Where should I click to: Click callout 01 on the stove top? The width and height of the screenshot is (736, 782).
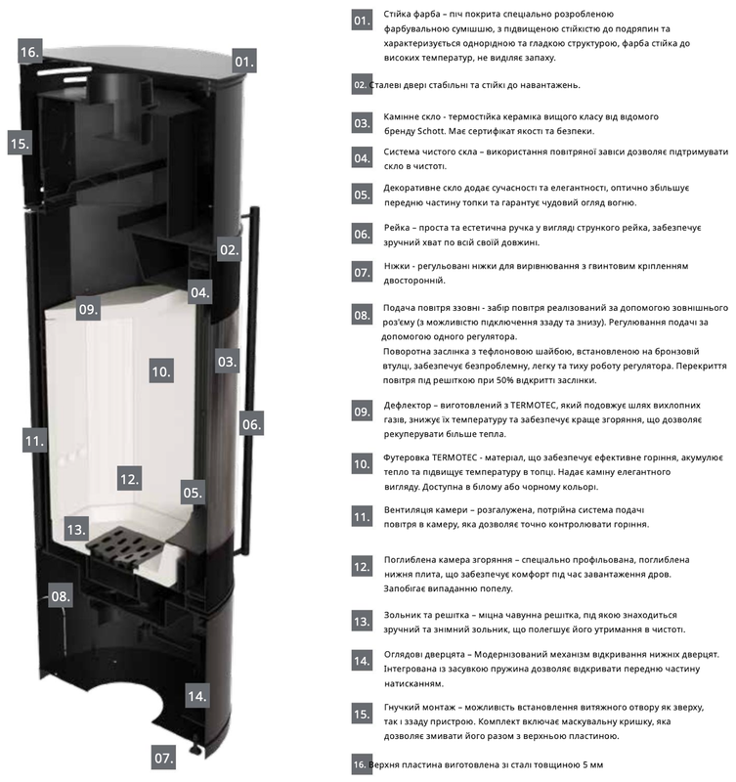coord(243,61)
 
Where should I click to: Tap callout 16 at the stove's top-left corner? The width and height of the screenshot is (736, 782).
coord(30,51)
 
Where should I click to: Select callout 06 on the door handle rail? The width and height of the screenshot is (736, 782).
coord(251,423)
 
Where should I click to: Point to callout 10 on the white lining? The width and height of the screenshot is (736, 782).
coord(161,371)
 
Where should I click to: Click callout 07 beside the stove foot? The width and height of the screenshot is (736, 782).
coord(163,758)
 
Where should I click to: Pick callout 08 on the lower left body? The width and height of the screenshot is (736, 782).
coord(61,595)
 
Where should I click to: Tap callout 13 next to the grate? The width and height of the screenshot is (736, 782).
coord(77,529)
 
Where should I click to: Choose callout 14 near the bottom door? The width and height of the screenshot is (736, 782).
coord(197,696)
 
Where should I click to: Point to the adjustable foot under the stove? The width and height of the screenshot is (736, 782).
coord(195,744)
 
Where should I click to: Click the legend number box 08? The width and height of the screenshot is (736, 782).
coord(362,315)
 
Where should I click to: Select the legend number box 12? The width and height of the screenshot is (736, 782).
coord(362,566)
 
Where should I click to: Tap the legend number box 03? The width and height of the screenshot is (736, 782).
coord(362,123)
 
